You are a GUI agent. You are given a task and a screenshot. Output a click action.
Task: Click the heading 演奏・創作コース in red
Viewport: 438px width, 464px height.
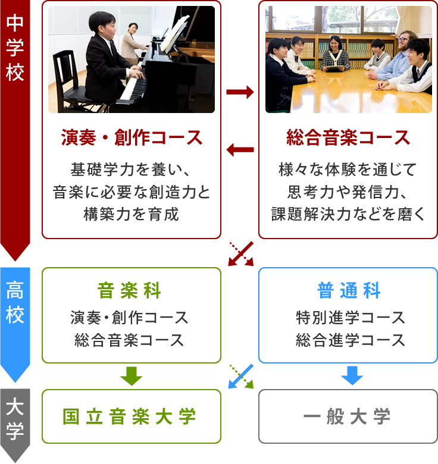(132, 137)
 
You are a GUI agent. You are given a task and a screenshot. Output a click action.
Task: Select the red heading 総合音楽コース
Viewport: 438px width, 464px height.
(348, 137)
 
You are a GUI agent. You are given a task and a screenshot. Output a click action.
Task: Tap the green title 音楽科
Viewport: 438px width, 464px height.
(129, 290)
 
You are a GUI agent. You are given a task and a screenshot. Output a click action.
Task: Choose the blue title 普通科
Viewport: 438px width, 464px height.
(349, 290)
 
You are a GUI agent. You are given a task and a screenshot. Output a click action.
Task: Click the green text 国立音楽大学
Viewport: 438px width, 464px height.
(129, 416)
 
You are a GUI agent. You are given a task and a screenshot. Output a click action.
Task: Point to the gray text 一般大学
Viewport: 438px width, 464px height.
(347, 416)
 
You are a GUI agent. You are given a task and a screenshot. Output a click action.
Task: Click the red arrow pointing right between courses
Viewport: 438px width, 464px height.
(240, 92)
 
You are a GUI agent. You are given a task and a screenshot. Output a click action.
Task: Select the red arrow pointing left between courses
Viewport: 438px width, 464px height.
(240, 150)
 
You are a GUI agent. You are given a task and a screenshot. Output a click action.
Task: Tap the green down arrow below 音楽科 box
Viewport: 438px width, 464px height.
(132, 376)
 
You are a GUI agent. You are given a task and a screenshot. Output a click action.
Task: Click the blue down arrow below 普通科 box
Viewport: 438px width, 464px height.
(352, 375)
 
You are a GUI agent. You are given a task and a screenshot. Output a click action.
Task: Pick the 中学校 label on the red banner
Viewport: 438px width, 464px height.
(15, 48)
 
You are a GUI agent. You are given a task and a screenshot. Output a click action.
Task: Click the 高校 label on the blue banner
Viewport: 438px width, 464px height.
(15, 302)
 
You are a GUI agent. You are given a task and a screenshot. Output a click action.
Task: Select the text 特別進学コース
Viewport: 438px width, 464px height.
(351, 318)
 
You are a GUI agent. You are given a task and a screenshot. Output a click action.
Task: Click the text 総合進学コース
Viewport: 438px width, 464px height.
(351, 340)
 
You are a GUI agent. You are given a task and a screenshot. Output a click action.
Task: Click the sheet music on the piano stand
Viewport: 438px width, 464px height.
(174, 33)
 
